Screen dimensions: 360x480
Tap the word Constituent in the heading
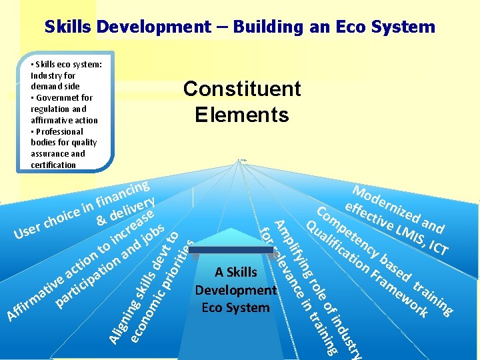pyautogui.click(x=242, y=89)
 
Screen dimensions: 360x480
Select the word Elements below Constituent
pyautogui.click(x=242, y=115)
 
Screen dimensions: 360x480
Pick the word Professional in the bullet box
pyautogui.click(x=59, y=131)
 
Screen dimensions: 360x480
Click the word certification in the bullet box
pyautogui.click(x=53, y=165)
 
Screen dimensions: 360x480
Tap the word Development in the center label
pyautogui.click(x=235, y=290)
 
